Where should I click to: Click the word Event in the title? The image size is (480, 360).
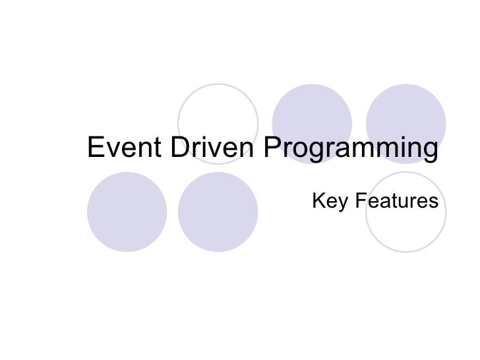coord(125,148)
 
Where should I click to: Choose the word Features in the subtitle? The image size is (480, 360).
coord(398,199)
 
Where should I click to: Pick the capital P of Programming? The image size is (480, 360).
coord(272,148)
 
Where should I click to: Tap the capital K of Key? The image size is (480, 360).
coord(318,199)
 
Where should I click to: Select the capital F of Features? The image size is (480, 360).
coord(362,199)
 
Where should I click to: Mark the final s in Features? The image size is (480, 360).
coord(433,200)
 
